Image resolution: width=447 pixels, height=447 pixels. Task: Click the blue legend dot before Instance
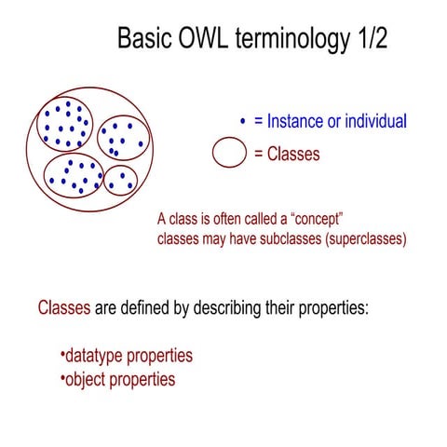(x=242, y=121)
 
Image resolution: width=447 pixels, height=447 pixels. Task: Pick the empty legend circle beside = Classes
(x=228, y=154)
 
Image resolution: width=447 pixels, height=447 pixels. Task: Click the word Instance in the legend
(x=297, y=121)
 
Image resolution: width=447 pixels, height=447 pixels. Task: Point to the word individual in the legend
(x=374, y=121)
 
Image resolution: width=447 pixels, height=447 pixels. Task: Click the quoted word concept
(x=314, y=219)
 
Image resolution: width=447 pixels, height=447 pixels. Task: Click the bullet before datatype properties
(x=61, y=356)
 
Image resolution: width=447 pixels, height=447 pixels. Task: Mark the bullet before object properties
(x=61, y=379)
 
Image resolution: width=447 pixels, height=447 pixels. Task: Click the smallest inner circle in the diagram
(x=120, y=180)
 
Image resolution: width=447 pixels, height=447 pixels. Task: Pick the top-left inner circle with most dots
(x=67, y=124)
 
